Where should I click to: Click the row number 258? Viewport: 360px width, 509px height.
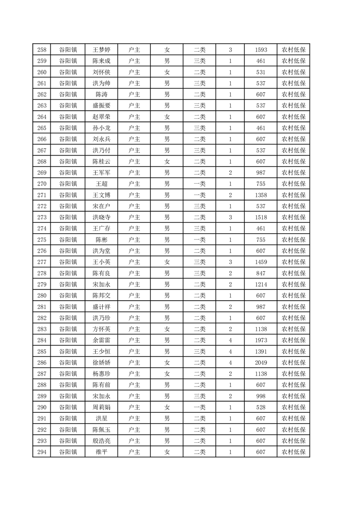coord(41,50)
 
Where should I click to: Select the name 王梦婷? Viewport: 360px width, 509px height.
coord(102,50)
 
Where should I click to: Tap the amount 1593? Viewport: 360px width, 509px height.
coord(261,50)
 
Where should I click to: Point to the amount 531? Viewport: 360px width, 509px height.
coord(261,72)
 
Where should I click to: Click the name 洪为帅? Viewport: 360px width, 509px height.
coord(102,83)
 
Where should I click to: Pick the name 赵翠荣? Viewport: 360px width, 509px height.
coord(102,117)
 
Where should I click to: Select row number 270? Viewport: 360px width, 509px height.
coord(41,184)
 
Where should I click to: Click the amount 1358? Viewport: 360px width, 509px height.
coord(261,195)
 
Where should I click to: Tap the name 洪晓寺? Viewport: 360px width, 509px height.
coord(102,217)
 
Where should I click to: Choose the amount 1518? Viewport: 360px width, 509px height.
coord(261,217)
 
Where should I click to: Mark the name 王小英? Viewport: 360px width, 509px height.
coord(102,262)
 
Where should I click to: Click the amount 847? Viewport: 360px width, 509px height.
coord(261,273)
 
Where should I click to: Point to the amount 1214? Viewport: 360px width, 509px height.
coord(261,284)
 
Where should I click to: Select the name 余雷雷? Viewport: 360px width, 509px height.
coord(102,340)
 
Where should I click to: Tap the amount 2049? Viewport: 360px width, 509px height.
coord(261,362)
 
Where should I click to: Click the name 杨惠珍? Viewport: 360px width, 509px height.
coord(102,374)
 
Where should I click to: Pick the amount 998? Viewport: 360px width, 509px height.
coord(261,396)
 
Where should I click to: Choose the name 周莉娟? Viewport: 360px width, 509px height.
coord(102,407)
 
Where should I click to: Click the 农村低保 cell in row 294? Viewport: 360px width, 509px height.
coord(293,452)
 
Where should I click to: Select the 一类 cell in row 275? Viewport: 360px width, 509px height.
coord(200,240)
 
